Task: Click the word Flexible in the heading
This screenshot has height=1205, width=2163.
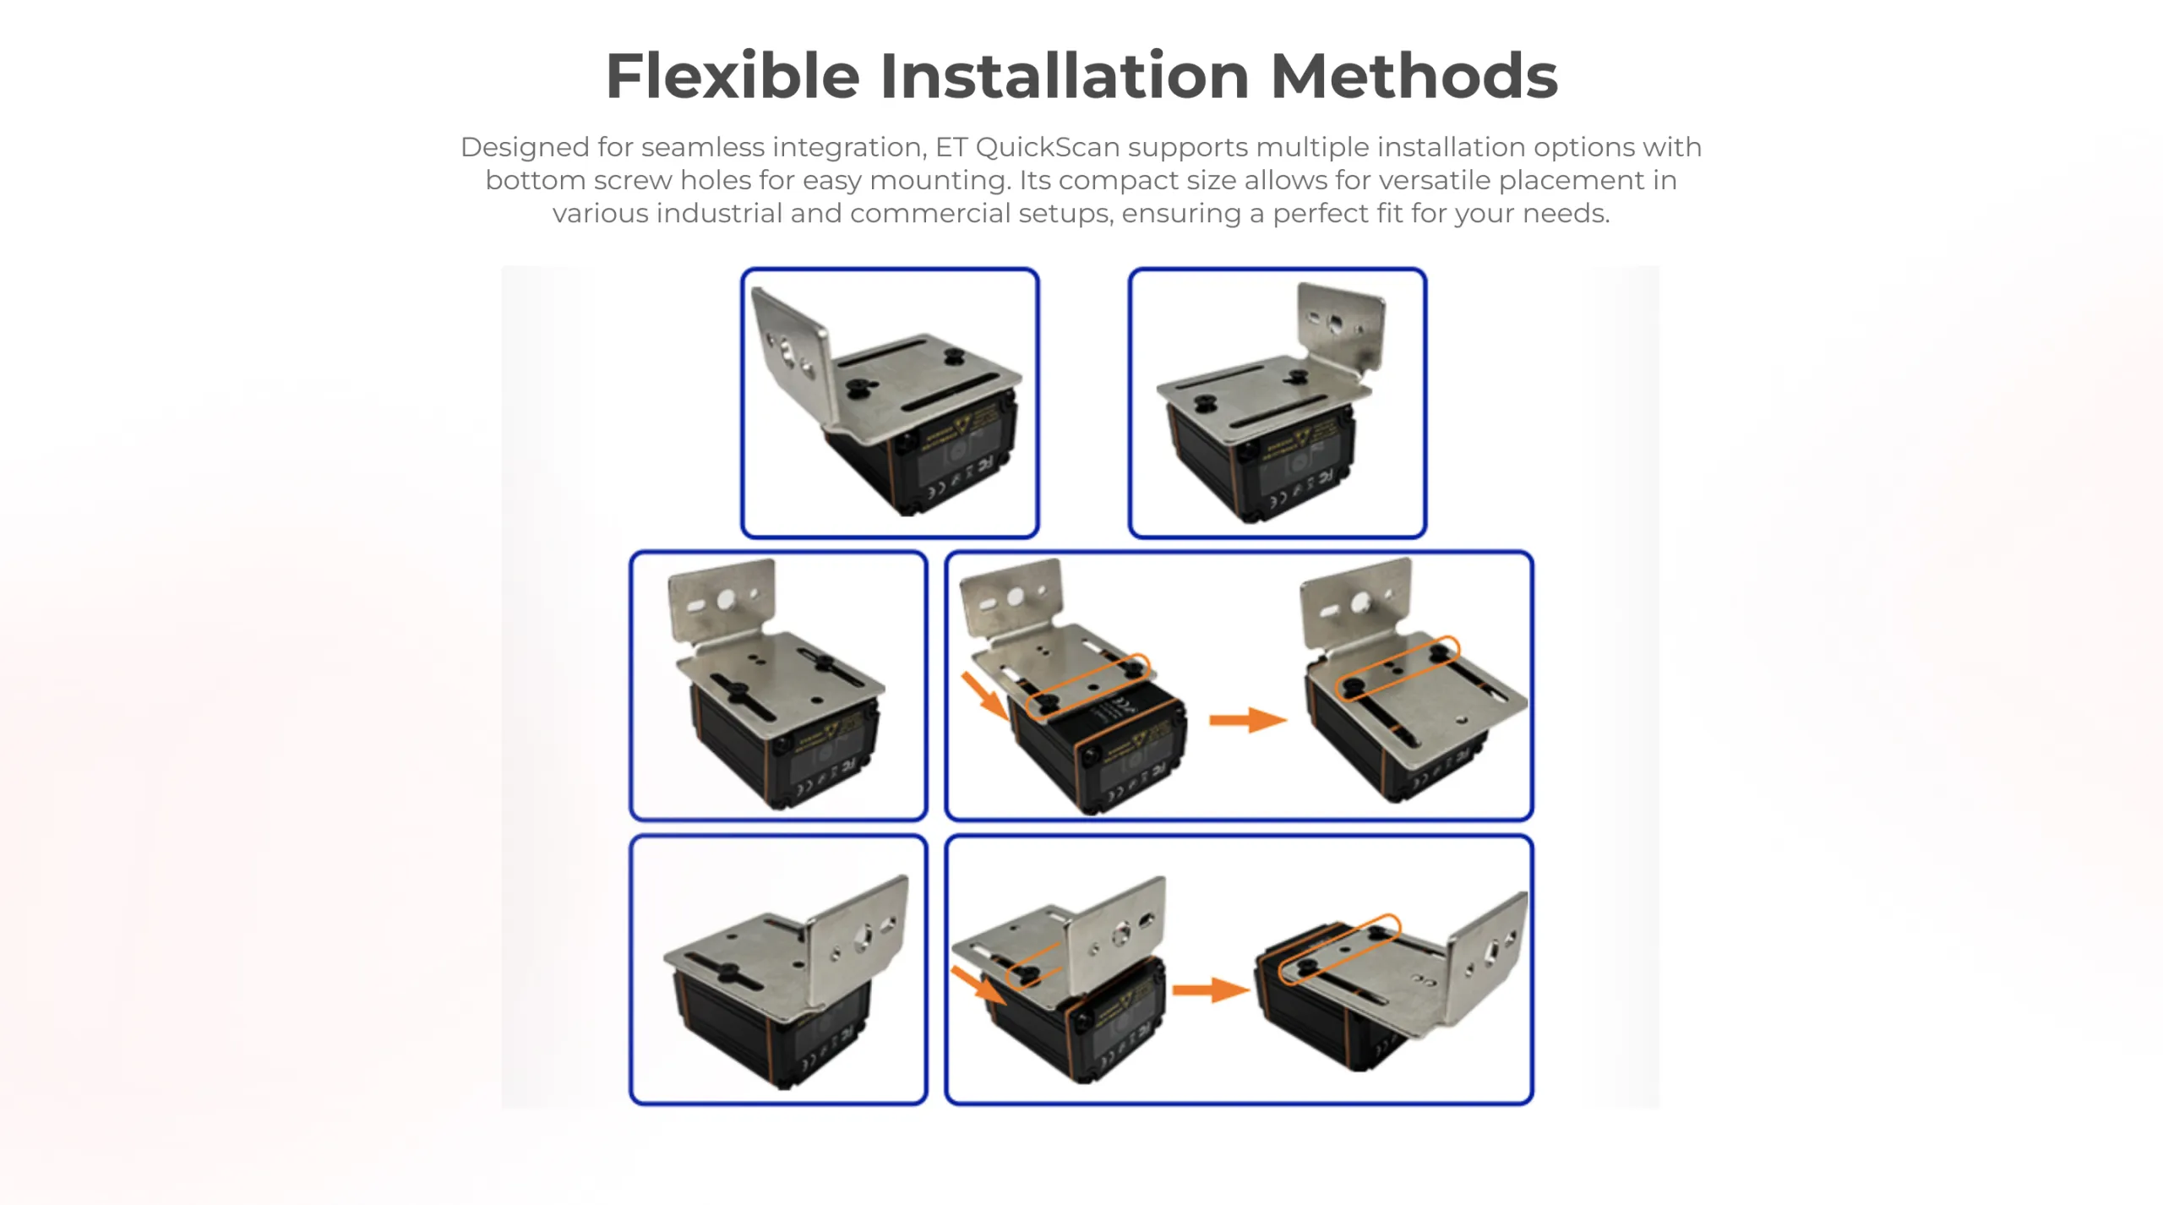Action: point(732,76)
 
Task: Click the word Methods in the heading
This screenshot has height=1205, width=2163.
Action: point(1414,76)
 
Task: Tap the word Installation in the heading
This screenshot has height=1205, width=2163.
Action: point(1064,76)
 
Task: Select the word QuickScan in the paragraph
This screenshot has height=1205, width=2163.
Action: point(1047,147)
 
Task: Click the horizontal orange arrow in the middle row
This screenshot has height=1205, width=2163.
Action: point(1247,720)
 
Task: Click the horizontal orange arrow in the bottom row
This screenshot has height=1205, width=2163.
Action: point(1210,990)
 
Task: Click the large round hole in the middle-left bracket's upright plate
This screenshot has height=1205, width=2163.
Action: point(726,600)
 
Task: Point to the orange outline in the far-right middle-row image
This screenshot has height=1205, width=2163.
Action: point(1398,667)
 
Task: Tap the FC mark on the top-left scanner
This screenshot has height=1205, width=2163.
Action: point(983,467)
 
